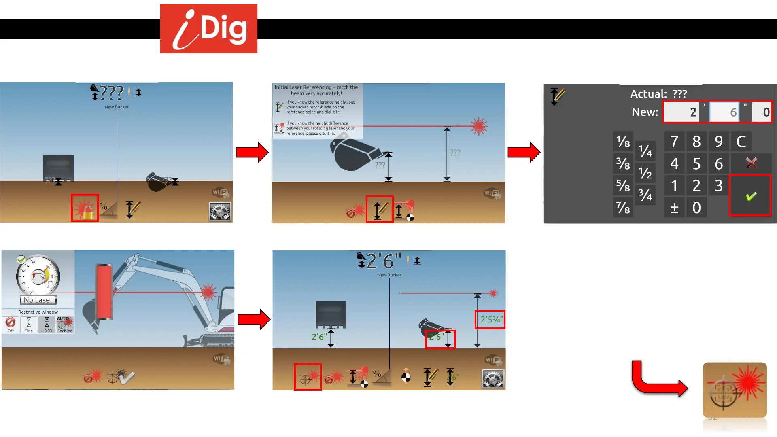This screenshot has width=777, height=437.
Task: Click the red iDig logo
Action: pyautogui.click(x=208, y=29)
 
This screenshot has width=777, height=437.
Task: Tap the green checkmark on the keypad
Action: pyautogui.click(x=751, y=196)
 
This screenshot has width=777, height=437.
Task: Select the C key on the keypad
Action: pyautogui.click(x=741, y=142)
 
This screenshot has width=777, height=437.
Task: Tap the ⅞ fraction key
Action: pyautogui.click(x=623, y=208)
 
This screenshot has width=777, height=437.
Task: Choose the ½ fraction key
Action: pyautogui.click(x=645, y=173)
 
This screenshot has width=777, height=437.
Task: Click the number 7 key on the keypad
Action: pyautogui.click(x=674, y=142)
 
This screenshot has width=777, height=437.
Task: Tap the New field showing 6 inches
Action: pyautogui.click(x=724, y=112)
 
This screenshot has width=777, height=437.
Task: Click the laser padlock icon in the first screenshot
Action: pyautogui.click(x=85, y=208)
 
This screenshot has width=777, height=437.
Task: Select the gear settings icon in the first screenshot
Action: pyautogui.click(x=220, y=211)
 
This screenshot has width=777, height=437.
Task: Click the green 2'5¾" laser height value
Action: pyautogui.click(x=490, y=320)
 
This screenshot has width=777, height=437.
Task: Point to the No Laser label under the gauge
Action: pyautogui.click(x=38, y=300)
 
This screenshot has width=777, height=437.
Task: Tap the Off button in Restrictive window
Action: pyautogui.click(x=11, y=325)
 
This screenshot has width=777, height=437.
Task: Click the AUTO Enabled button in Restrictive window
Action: pyautogui.click(x=65, y=325)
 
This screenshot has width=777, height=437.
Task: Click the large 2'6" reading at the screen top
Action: pyautogui.click(x=384, y=261)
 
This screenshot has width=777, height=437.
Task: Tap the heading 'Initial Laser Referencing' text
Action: pyautogui.click(x=316, y=90)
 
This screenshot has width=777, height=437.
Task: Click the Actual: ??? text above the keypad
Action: pyautogui.click(x=658, y=94)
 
